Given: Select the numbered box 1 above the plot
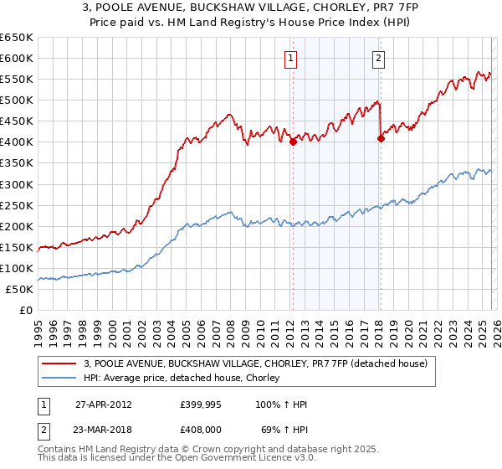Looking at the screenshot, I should tap(290, 58).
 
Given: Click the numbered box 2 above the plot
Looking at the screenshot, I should tap(379, 58).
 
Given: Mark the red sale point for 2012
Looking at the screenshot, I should tap(293, 142).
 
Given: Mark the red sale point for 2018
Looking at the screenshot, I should tap(381, 139).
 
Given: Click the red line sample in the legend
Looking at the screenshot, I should tap(59, 363).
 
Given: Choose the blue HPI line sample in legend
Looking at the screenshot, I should tap(59, 378).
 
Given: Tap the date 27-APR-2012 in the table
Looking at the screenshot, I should tap(104, 405).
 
